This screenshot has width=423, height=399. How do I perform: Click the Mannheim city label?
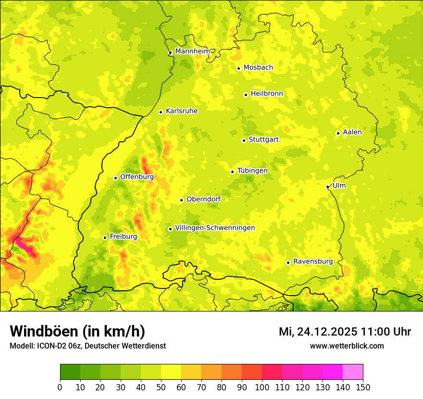pyautogui.click(x=192, y=51)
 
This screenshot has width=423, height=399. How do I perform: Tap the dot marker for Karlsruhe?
pyautogui.click(x=161, y=112)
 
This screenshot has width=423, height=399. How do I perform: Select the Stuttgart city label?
pyautogui.click(x=263, y=140)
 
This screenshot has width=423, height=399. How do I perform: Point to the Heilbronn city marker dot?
pyautogui.click(x=246, y=95)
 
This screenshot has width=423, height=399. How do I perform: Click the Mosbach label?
pyautogui.click(x=258, y=68)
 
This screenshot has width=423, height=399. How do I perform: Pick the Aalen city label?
pyautogui.click(x=352, y=132)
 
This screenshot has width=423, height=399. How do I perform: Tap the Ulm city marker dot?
pyautogui.click(x=328, y=187)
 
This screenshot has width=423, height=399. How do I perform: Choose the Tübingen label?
pyautogui.click(x=252, y=171)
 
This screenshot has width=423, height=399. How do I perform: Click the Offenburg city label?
pyautogui.click(x=137, y=177)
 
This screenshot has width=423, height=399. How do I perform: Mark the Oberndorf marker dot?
pyautogui.click(x=181, y=200)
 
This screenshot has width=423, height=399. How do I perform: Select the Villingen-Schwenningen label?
pyautogui.click(x=215, y=228)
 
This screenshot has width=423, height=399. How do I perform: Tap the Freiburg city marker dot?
pyautogui.click(x=105, y=237)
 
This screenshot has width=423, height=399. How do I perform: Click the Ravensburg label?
pyautogui.click(x=313, y=262)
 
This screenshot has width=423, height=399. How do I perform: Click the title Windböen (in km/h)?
pyautogui.click(x=77, y=331)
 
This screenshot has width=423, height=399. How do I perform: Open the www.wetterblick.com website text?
pyautogui.click(x=347, y=346)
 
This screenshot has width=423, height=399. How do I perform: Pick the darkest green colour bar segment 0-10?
pyautogui.click(x=70, y=372)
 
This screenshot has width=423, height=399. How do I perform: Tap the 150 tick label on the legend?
pyautogui.click(x=362, y=387)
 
